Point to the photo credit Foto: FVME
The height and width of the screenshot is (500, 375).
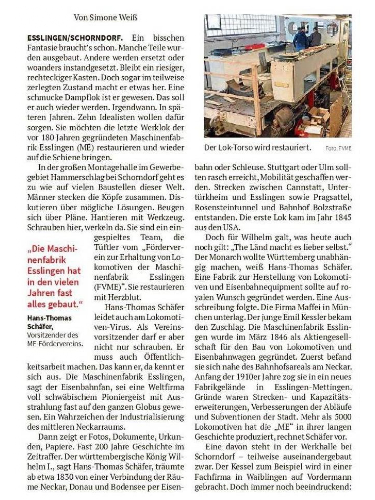tap(338, 148)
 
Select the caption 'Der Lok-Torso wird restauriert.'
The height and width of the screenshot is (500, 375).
tap(257, 147)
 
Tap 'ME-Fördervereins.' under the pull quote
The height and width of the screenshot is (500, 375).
tap(55, 344)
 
